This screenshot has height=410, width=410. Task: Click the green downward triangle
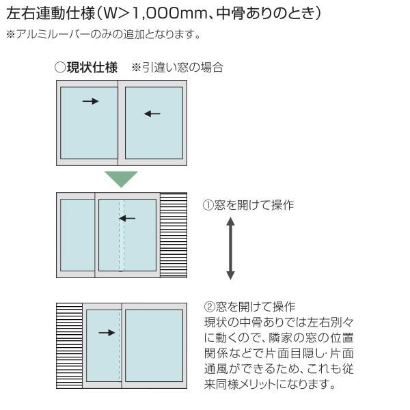pos(121,178)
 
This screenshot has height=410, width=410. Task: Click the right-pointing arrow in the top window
pos(90,101)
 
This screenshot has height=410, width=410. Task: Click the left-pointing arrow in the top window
pos(152,113)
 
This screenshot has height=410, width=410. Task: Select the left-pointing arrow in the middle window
pos(127,219)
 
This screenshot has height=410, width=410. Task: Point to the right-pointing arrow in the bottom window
pos(106,333)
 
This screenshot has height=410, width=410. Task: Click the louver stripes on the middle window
pos(173,236)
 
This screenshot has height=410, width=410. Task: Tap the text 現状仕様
pos(92,68)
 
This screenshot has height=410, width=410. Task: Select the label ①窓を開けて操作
pos(248,204)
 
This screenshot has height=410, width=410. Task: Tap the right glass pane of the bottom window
pos(154,346)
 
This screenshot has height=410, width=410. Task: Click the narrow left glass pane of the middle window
pos(77,236)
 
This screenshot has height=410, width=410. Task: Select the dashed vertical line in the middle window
pos(121,236)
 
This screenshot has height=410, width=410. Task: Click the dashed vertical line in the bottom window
pos(120,346)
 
